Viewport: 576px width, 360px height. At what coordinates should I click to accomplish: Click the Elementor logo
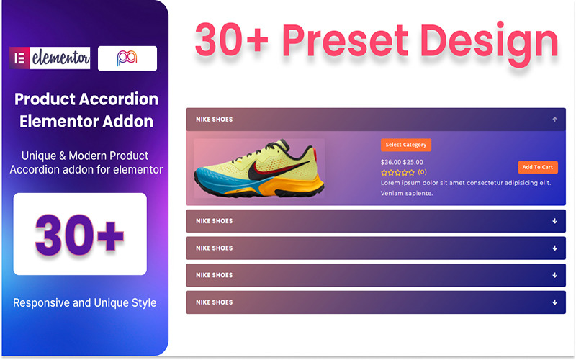(49, 58)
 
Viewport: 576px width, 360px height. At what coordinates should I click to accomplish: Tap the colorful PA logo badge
(127, 58)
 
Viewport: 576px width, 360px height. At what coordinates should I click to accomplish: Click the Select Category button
(406, 145)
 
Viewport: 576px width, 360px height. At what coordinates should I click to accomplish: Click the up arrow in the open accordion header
(554, 120)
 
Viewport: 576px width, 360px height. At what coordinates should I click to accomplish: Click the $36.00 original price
(390, 162)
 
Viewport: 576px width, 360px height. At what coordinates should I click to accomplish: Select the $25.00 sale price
(413, 162)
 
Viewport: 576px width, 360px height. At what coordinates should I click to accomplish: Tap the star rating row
(397, 173)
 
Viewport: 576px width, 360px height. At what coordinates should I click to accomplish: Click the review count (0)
(422, 172)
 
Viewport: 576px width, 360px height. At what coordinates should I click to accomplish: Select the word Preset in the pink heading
(358, 41)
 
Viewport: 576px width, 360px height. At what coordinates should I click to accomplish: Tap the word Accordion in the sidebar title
(127, 99)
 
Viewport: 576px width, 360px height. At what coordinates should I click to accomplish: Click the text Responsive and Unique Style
(85, 302)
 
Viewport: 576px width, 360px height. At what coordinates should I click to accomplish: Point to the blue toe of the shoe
(210, 180)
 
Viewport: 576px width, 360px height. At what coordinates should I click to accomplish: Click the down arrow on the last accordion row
(554, 302)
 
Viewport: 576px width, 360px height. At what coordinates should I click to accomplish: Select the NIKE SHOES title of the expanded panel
(214, 120)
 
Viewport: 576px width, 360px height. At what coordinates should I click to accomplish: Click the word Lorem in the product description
(393, 183)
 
